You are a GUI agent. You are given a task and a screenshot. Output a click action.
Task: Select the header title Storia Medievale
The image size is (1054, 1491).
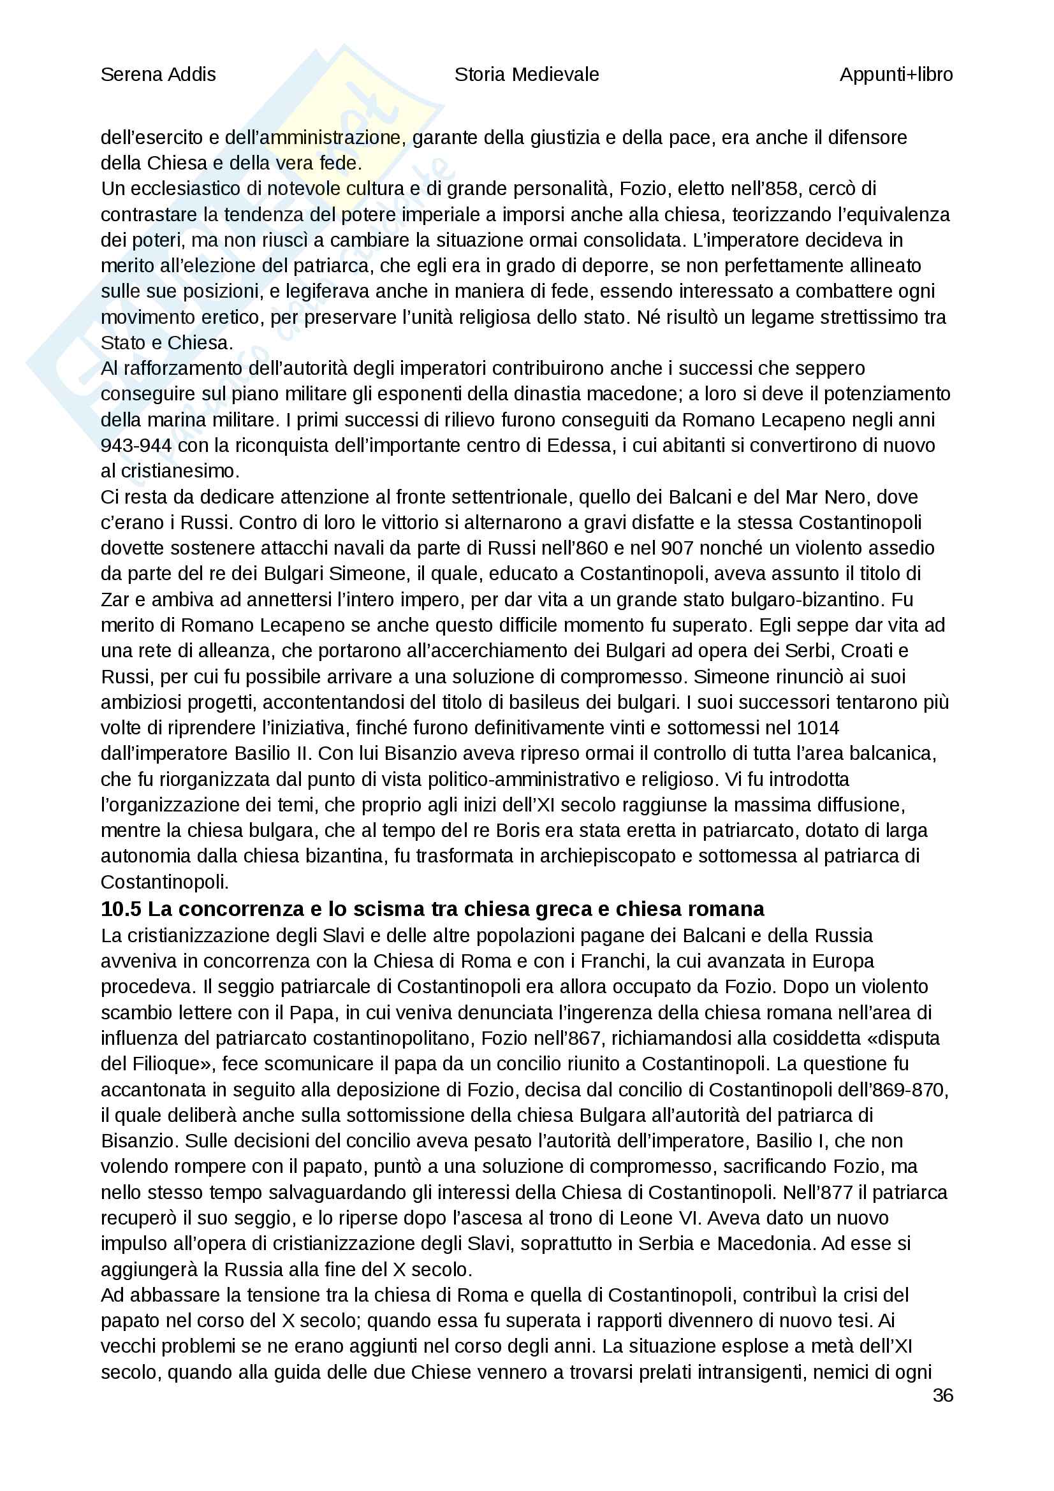526,75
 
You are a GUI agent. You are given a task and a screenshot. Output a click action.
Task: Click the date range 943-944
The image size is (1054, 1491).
136,446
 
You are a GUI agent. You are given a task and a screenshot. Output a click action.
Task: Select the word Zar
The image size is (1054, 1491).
114,599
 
